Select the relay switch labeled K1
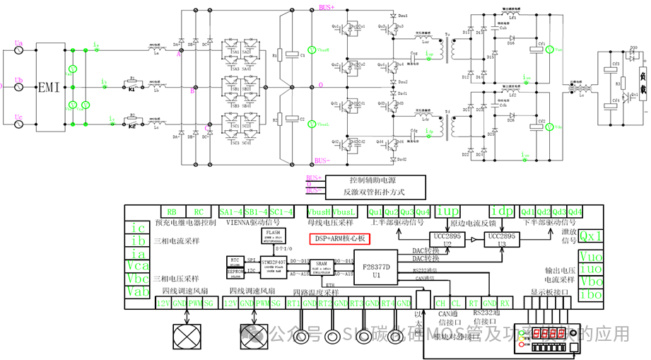(x=132, y=89)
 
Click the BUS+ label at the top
(x=327, y=6)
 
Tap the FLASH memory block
(x=273, y=236)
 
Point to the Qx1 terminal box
(x=591, y=236)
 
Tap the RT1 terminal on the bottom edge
(x=293, y=303)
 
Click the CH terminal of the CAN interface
(x=441, y=303)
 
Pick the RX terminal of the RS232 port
(x=505, y=303)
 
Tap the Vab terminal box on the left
(x=139, y=291)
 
